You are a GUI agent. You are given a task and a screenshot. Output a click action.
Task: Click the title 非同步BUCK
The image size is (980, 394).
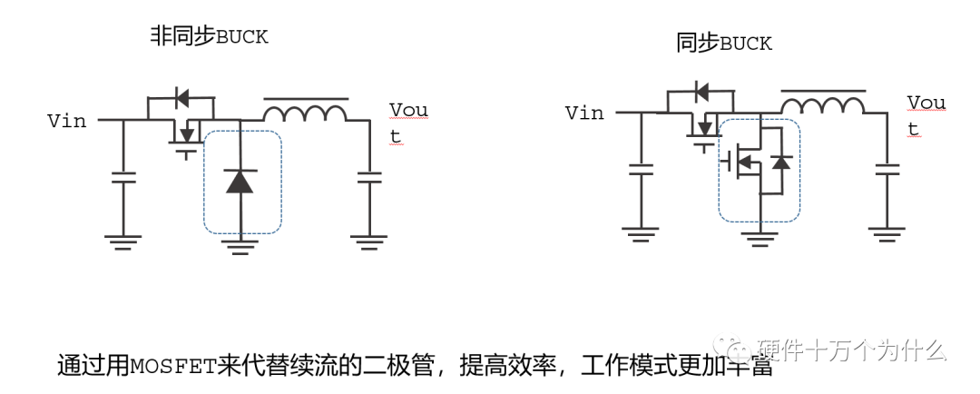point(209,36)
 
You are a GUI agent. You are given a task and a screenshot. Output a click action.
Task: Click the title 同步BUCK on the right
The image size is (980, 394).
point(723,43)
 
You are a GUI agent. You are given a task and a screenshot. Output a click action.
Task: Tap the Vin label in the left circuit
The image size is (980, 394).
point(67,121)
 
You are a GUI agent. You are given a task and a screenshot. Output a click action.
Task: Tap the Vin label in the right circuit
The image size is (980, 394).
point(584,113)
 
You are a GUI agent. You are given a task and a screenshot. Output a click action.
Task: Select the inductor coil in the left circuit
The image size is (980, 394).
point(305,113)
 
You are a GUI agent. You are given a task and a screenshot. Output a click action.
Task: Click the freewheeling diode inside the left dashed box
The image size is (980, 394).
point(240,181)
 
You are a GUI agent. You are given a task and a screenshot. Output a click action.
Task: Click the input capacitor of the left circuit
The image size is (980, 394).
point(122,177)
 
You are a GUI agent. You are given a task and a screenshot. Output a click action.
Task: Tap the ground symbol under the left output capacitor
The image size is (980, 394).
point(368,241)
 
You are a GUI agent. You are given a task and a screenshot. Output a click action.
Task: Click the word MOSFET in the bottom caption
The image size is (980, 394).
point(173,367)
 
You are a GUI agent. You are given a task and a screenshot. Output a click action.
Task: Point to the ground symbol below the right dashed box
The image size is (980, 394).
point(759,237)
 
